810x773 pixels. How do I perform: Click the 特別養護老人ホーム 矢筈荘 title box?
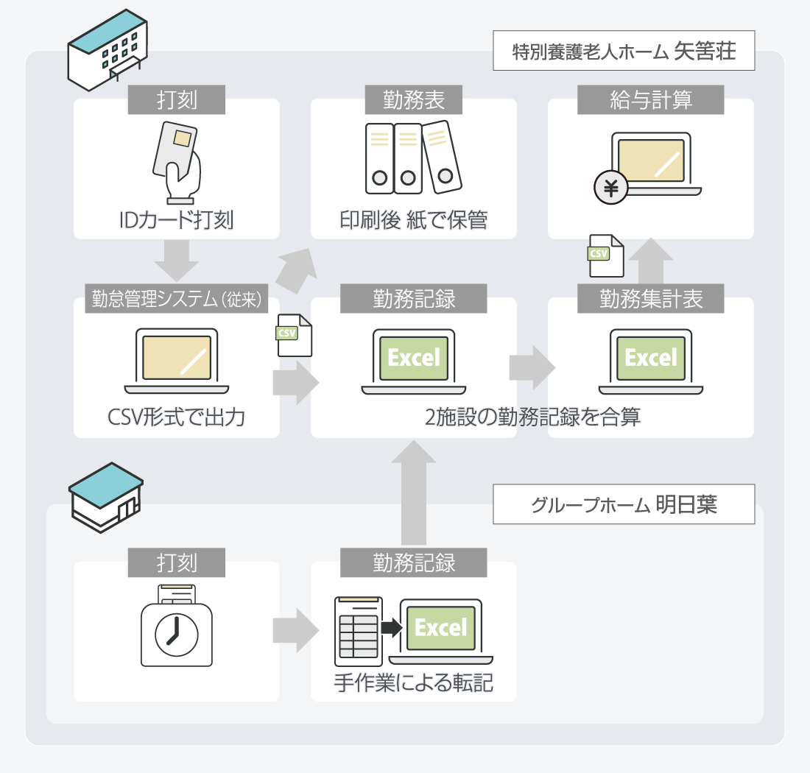[624, 51]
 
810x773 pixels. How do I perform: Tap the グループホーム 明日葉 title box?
[624, 504]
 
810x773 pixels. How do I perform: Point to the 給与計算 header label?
[650, 100]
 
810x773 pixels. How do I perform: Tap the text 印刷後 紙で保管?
[413, 219]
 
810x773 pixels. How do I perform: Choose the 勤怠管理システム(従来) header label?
[176, 299]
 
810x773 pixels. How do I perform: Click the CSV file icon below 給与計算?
[605, 255]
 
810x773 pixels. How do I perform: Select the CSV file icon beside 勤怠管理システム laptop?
[294, 335]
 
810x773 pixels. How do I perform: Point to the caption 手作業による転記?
[413, 683]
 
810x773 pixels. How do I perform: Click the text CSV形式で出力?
[176, 418]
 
